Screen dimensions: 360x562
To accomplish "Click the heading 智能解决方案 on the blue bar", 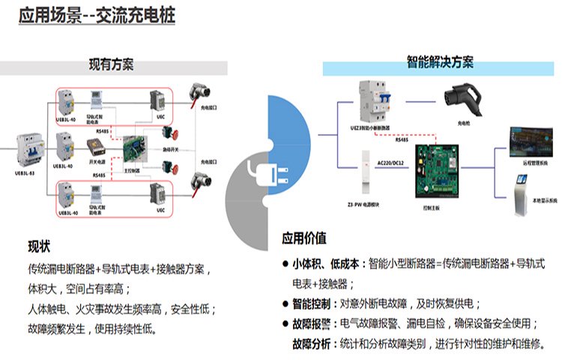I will (x=440, y=62).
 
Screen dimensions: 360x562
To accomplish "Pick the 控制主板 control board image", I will (x=438, y=170).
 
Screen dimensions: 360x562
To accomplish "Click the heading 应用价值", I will (x=303, y=238).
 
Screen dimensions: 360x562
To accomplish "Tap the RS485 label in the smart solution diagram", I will (x=401, y=139).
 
